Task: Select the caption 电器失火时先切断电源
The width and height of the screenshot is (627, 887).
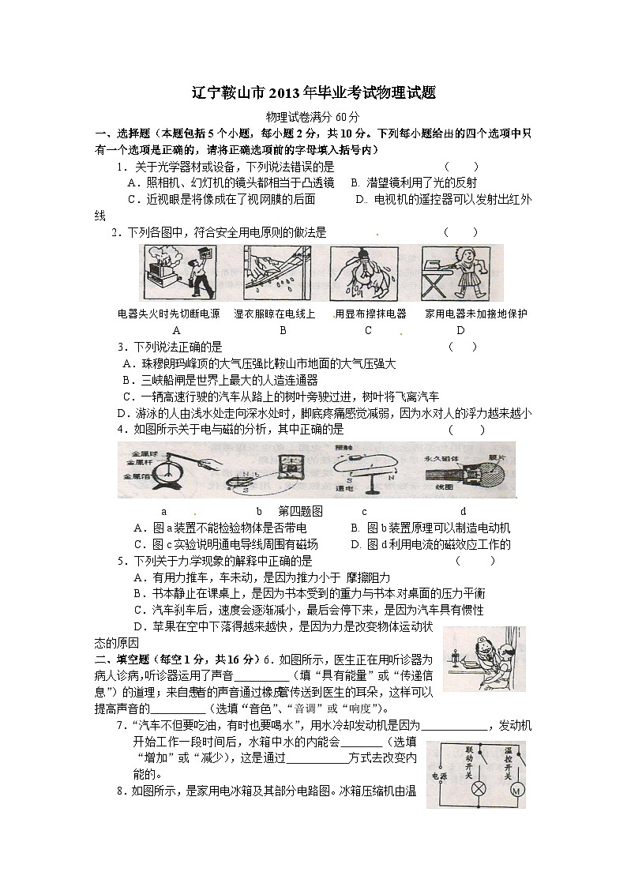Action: tap(168, 314)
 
